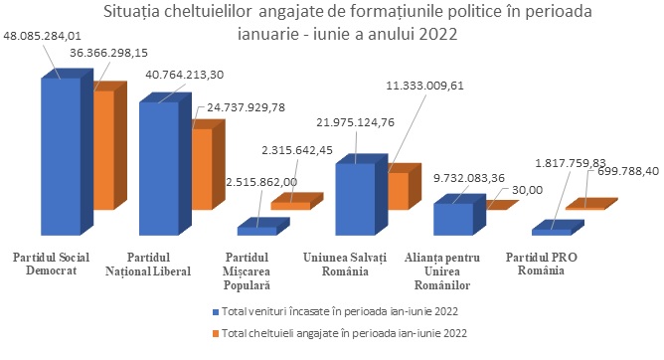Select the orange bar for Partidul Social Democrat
[109, 146]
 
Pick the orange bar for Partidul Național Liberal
[208, 165]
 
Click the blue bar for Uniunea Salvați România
[361, 195]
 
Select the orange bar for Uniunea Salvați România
[404, 187]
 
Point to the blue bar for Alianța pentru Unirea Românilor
[459, 215]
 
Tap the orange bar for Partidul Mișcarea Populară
[297, 202]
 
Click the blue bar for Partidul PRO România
[558, 228]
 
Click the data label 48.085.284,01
[43, 36]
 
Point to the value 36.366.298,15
[108, 53]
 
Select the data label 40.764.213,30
[185, 75]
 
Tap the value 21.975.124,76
[355, 122]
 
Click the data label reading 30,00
[527, 190]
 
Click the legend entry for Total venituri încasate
[335, 311]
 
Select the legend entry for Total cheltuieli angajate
[339, 333]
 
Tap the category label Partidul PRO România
[541, 264]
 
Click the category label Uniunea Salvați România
[345, 264]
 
